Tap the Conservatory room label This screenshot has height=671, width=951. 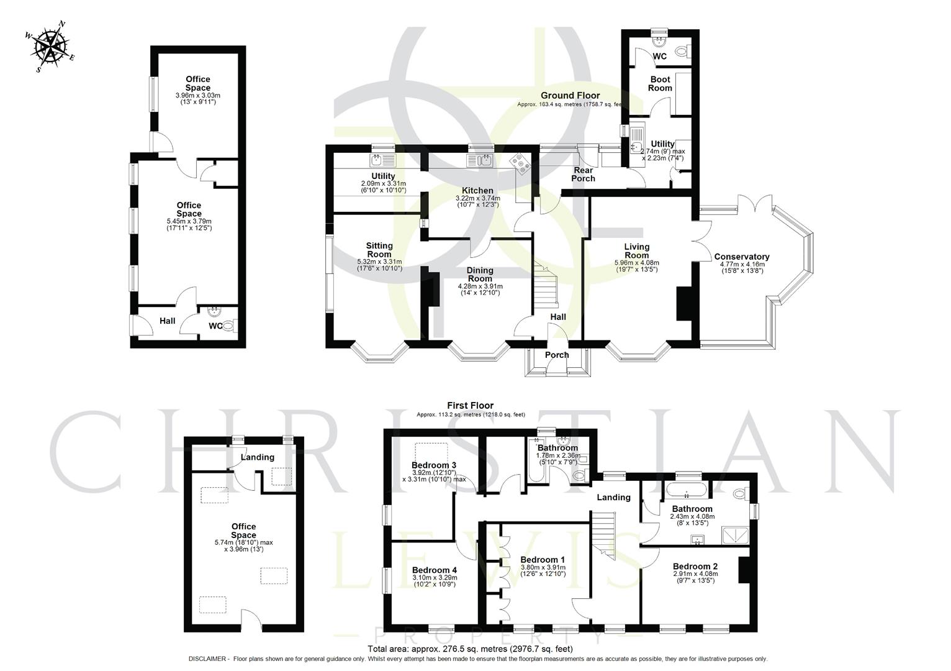741,257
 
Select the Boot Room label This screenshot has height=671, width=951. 660,84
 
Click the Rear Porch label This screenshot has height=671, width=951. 583,175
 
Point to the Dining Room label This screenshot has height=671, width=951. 480,275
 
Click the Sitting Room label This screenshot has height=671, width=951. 379,250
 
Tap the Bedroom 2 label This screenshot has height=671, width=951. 695,566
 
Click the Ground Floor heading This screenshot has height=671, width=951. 570,95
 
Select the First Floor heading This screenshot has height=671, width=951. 471,406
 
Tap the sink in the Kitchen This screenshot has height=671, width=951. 480,161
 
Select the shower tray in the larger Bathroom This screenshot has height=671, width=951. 735,535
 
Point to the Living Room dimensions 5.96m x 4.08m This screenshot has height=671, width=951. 636,263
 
